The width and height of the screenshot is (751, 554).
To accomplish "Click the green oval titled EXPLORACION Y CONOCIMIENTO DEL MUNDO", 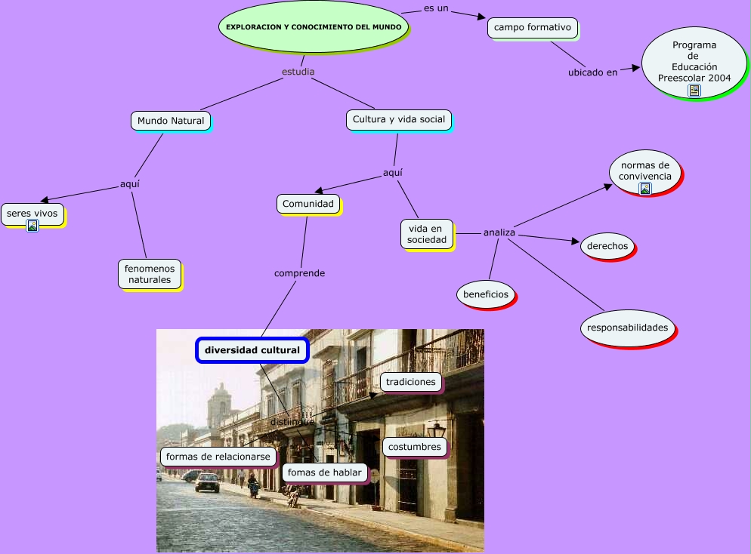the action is click(314, 26).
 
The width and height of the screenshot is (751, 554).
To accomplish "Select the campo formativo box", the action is click(533, 28).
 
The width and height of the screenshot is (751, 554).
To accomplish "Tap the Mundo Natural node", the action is click(171, 120).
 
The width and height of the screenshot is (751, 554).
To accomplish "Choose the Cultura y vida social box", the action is click(399, 119).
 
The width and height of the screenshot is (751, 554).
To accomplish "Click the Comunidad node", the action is click(308, 204).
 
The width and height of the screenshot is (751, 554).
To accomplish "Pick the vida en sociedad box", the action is click(427, 234).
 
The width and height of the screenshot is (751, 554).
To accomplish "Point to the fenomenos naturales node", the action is click(150, 274).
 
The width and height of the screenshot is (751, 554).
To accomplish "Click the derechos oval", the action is click(607, 246).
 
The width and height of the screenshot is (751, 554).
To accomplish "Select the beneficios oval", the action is click(486, 294).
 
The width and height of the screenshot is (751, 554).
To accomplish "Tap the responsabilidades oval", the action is click(628, 328).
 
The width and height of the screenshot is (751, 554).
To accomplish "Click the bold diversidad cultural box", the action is click(252, 350).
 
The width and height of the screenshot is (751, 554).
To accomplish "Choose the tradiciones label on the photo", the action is click(410, 382).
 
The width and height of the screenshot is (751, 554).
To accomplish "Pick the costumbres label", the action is click(414, 447).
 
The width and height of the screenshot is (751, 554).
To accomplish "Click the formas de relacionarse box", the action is click(218, 457).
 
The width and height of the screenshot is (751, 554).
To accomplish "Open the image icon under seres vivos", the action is click(32, 225).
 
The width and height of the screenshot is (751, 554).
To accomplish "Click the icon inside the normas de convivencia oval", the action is click(645, 189).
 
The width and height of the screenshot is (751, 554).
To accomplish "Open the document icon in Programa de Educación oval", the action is click(694, 91).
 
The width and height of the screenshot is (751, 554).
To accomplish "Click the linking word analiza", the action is click(499, 232).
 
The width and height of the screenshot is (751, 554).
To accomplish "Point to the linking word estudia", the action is click(298, 72).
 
